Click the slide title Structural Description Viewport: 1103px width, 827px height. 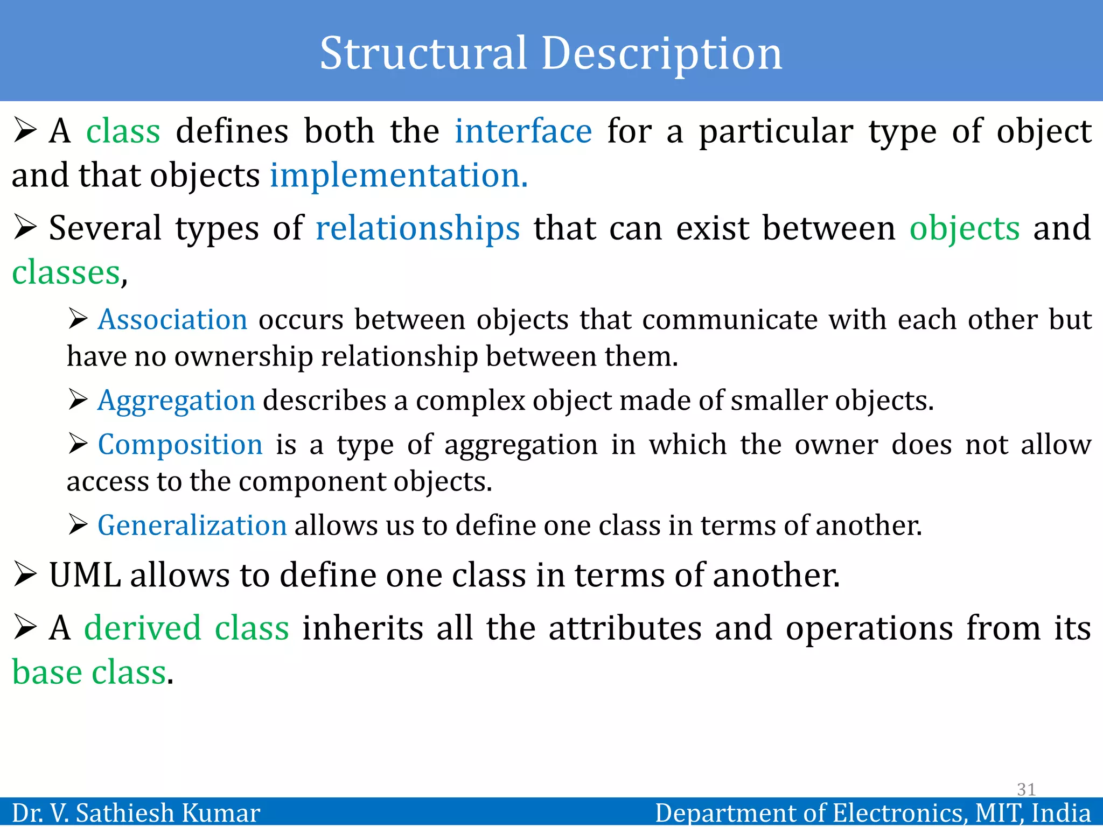click(x=550, y=53)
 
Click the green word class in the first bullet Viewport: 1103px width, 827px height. click(x=123, y=131)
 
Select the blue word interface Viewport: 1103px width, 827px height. click(x=523, y=131)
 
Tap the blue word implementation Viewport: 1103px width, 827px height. click(x=399, y=176)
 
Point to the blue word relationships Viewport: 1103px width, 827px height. click(x=417, y=228)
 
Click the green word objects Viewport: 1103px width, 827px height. click(x=964, y=228)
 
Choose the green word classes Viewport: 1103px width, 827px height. click(x=66, y=272)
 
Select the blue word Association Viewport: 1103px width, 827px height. click(x=172, y=320)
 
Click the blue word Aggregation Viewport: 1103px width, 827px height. click(x=176, y=401)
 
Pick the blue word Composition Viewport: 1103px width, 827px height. click(x=180, y=445)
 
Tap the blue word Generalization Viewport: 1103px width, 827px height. click(x=192, y=525)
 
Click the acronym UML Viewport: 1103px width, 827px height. click(x=85, y=575)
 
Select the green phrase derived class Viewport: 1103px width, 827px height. click(x=186, y=628)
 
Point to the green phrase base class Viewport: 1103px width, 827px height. click(x=89, y=672)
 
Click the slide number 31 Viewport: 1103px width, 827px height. click(x=1026, y=789)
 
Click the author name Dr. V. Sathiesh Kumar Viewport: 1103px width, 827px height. click(x=136, y=812)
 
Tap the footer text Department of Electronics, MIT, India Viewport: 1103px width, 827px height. click(x=872, y=812)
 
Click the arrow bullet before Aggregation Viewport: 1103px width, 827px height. click(x=78, y=400)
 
